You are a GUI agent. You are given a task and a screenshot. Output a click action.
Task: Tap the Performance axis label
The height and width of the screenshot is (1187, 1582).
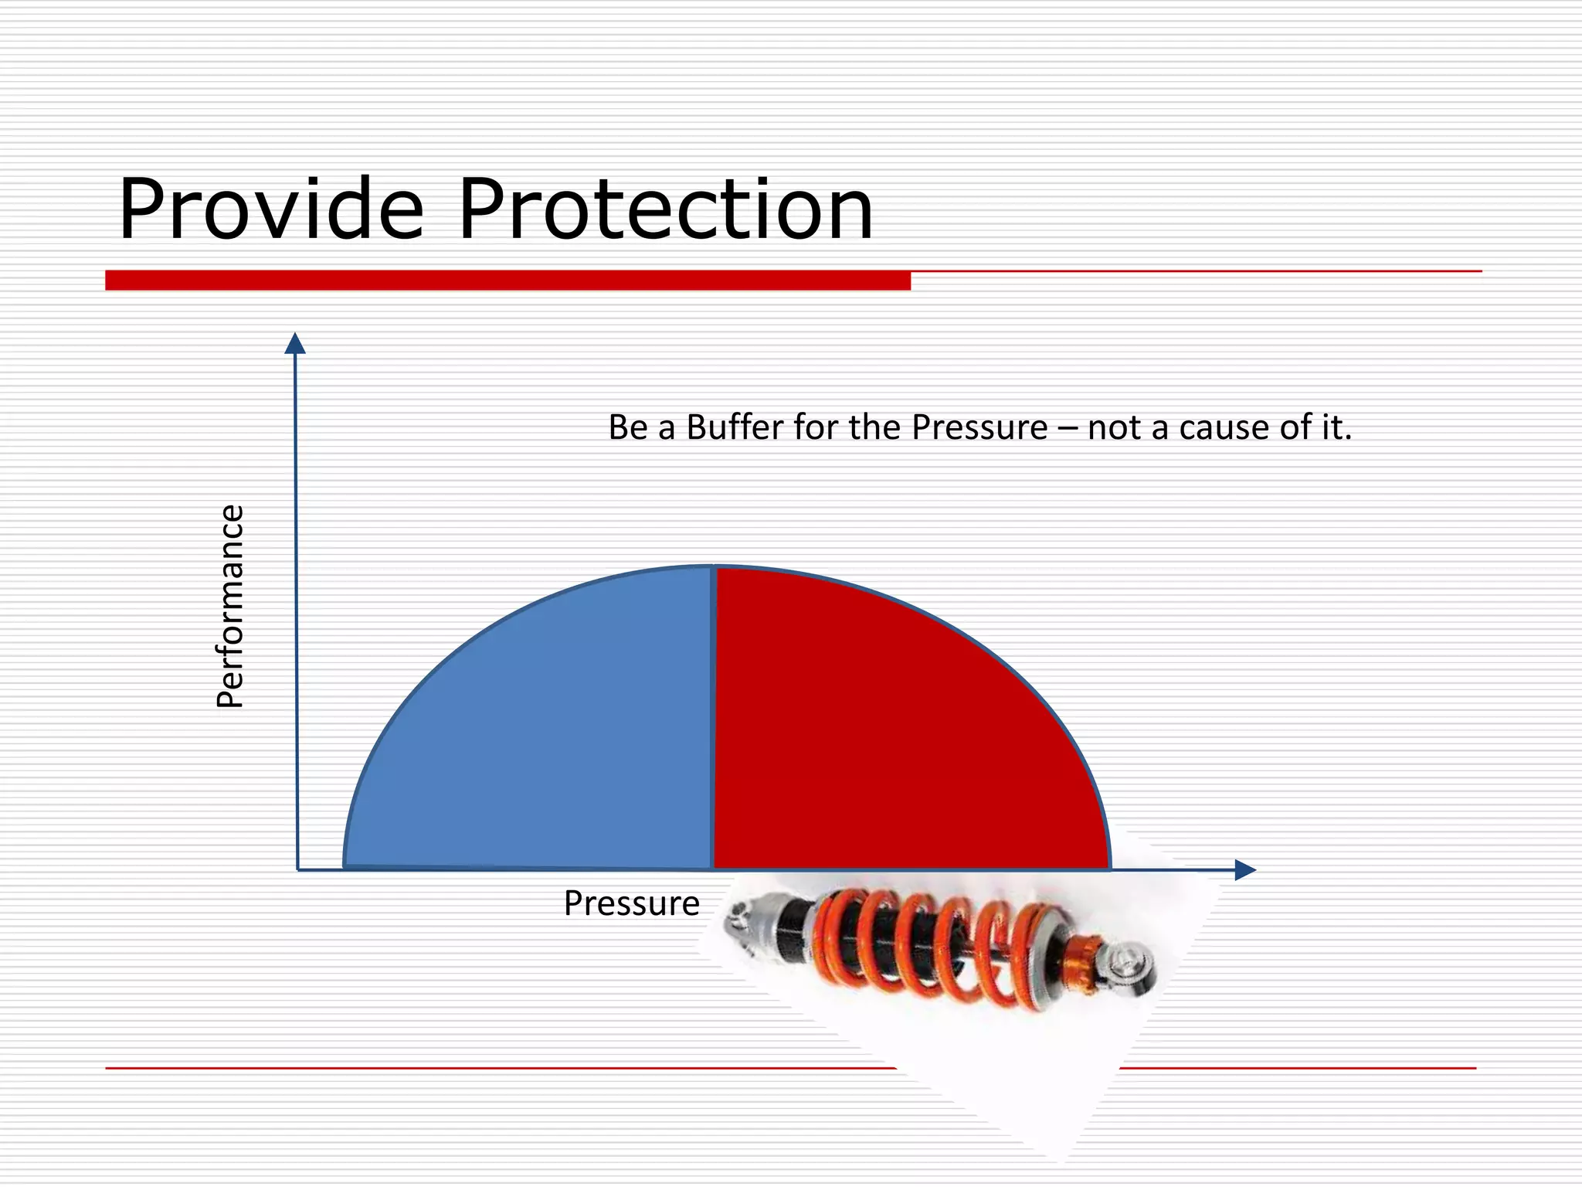pyautogui.click(x=230, y=606)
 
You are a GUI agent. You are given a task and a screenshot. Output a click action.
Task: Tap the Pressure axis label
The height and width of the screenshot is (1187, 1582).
pyautogui.click(x=631, y=903)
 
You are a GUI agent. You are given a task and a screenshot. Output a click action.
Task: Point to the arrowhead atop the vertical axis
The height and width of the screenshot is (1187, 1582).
pyautogui.click(x=295, y=344)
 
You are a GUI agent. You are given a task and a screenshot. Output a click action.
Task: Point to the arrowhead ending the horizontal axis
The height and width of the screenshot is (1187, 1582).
pyautogui.click(x=1244, y=870)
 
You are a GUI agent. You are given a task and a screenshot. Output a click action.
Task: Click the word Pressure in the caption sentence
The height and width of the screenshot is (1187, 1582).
pyautogui.click(x=979, y=427)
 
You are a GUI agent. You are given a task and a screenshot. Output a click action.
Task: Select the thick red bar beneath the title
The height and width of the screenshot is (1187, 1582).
pyautogui.click(x=508, y=280)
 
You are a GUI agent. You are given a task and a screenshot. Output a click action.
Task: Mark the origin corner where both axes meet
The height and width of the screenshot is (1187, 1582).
pyautogui.click(x=297, y=870)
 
